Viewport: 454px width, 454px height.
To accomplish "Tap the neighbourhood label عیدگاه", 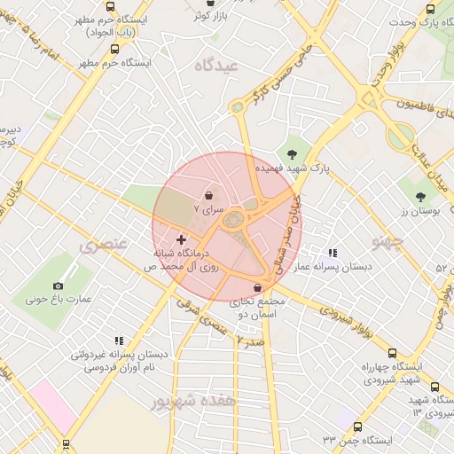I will tap(217, 66).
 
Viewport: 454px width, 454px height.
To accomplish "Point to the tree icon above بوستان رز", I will tap(420, 196).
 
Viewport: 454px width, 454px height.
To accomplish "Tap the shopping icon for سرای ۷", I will tap(207, 196).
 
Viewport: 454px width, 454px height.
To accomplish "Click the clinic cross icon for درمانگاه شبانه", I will tap(182, 239).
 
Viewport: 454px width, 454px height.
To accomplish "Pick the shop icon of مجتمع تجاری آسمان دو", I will tap(257, 287).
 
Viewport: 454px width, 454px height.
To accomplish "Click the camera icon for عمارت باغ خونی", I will tap(58, 286).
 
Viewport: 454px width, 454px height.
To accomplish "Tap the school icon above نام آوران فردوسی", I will tap(118, 340).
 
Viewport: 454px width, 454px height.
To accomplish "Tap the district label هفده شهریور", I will tap(194, 401).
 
